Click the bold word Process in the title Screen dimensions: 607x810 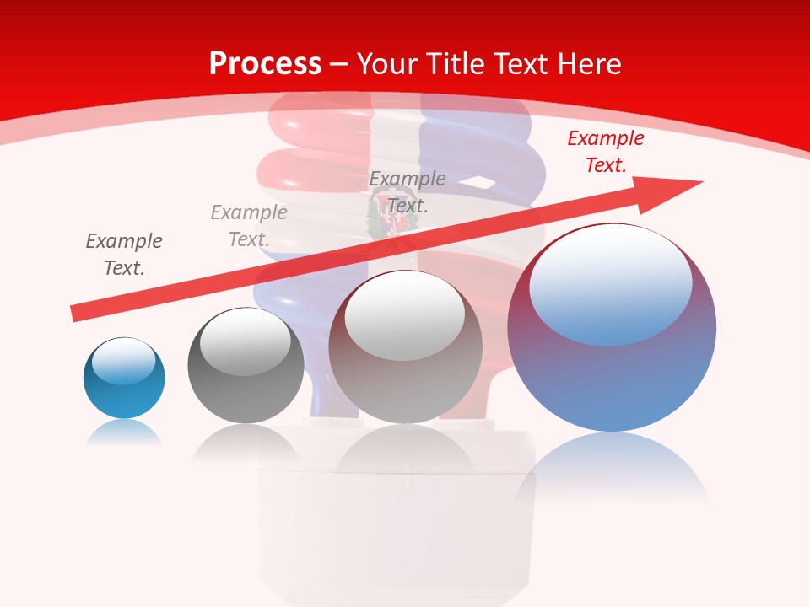click(265, 64)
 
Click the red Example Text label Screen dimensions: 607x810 click(605, 152)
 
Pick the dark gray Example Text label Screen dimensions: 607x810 click(124, 255)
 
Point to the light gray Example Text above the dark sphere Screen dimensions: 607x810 click(249, 226)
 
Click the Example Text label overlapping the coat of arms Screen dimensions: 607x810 click(408, 191)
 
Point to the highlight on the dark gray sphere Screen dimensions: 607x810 click(245, 342)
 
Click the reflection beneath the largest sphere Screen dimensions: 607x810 click(612, 468)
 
